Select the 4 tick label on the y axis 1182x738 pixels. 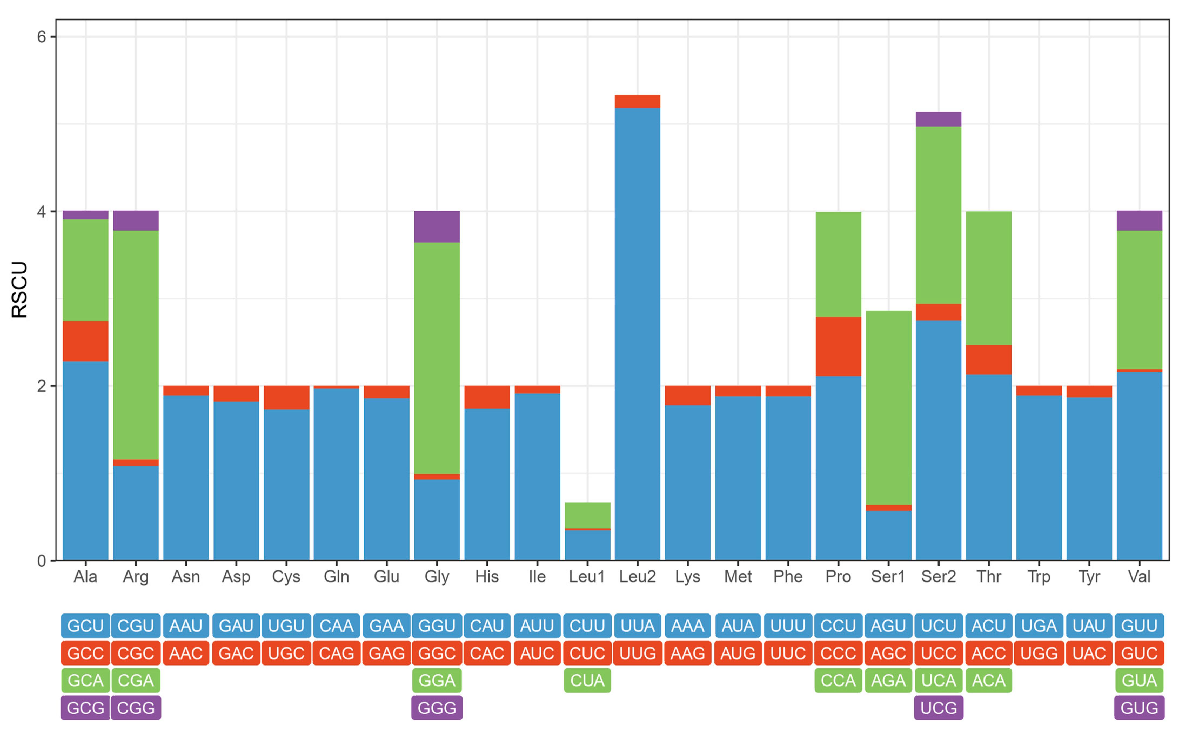tap(42, 211)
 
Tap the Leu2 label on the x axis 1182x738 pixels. tap(637, 576)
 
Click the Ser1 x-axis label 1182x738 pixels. tap(888, 576)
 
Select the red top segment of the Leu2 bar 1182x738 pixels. tap(637, 102)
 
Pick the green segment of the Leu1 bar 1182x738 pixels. tap(588, 515)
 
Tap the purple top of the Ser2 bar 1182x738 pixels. tap(939, 119)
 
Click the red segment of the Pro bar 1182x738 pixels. tap(838, 346)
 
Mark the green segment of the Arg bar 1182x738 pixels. tap(136, 345)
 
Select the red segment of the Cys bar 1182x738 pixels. tap(286, 397)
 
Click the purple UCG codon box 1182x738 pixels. tap(939, 708)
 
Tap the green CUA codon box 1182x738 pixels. tap(588, 680)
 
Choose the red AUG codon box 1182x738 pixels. tap(738, 653)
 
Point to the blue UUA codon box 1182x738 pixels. tap(637, 626)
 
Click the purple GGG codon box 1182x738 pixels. tap(437, 708)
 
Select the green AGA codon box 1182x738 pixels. tap(888, 680)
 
